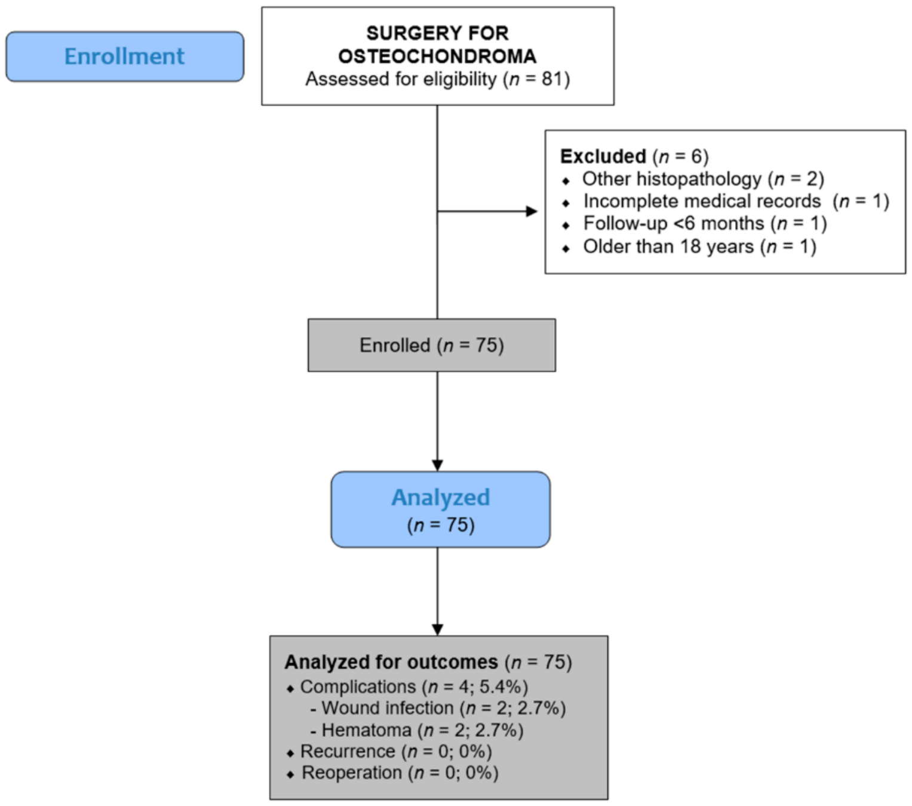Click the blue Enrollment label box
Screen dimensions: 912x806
125,56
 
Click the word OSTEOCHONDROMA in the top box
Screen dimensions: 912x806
437,56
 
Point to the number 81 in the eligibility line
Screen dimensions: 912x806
553,79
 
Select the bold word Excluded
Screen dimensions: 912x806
603,157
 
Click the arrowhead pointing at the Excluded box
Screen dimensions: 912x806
532,211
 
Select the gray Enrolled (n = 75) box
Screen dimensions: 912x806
432,345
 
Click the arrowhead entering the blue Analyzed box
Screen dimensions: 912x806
437,465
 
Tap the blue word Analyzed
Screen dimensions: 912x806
440,498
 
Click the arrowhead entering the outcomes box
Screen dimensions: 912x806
437,630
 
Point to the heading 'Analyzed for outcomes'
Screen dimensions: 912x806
391,662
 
